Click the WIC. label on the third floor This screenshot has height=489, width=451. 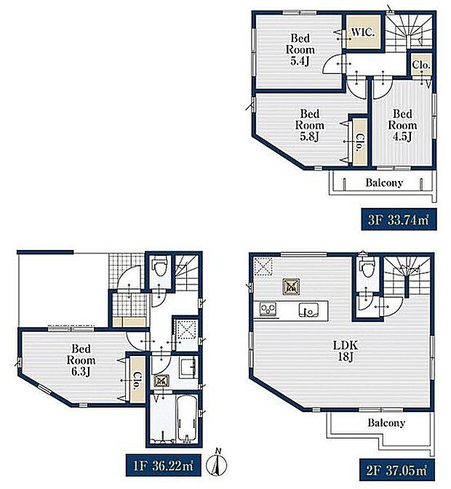coord(363,33)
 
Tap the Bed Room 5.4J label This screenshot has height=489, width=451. coord(300,49)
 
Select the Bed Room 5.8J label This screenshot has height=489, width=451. coord(310,125)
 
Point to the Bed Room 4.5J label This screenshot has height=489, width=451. coord(402,125)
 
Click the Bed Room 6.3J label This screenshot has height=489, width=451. coord(81,360)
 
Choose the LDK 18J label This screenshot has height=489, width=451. coord(346,351)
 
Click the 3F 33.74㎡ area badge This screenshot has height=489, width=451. coord(399,220)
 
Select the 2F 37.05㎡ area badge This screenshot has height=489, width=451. coord(397,470)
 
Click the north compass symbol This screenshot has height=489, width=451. coord(217,464)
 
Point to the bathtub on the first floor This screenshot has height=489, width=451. coord(187,419)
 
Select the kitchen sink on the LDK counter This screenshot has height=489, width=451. coord(308,310)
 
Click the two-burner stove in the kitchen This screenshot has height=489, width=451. coord(268,309)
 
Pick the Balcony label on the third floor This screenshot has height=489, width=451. coord(384,182)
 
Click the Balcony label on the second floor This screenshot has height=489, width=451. coord(386,423)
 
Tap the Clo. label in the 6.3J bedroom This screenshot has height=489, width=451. coord(137,381)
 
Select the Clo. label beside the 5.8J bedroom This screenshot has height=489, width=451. coord(359,142)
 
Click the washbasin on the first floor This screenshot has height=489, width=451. coord(188,368)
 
